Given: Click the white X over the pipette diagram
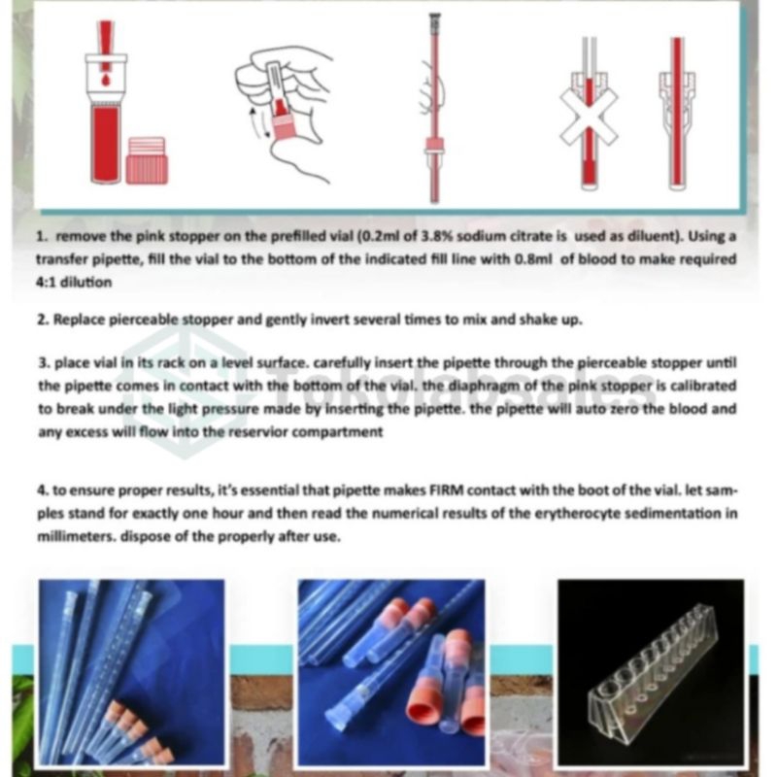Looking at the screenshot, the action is (589, 116).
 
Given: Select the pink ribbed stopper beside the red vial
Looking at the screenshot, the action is (147, 161).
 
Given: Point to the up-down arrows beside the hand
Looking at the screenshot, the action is (258, 122).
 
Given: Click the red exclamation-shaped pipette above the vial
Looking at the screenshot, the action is (106, 46).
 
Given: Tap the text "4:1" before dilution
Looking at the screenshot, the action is (46, 283).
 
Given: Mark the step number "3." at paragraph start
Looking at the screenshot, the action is (44, 363).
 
